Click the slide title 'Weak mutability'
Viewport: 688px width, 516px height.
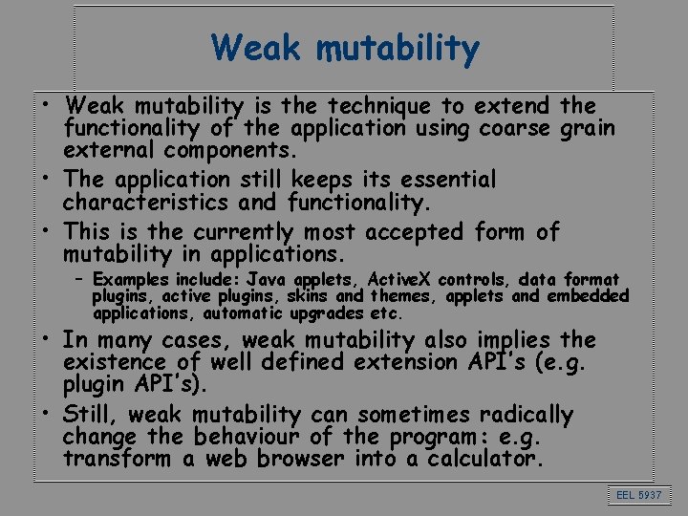tap(345, 48)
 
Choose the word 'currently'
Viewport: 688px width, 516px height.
tap(245, 231)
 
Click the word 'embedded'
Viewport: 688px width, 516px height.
tap(588, 296)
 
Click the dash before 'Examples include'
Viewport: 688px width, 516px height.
tap(82, 280)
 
